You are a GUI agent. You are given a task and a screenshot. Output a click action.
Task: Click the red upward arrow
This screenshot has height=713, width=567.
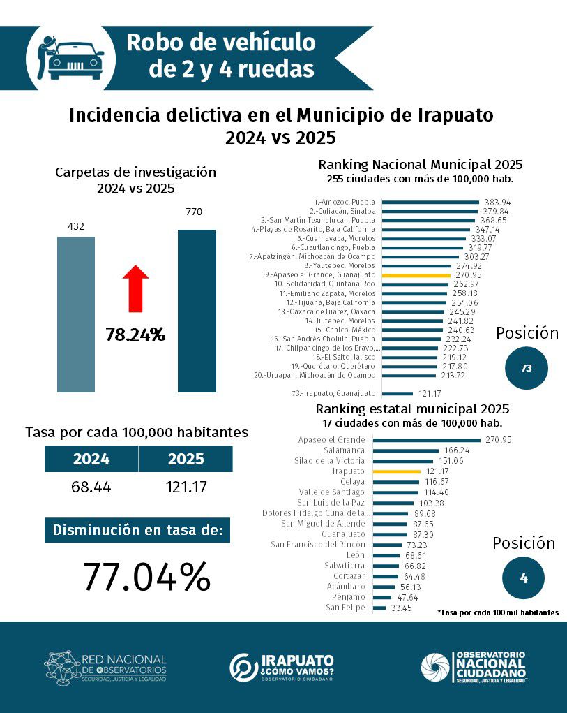click(136, 287)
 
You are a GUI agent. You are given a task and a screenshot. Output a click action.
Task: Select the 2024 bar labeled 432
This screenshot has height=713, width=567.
click(76, 314)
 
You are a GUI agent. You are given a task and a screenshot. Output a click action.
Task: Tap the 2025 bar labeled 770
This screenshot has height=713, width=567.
click(197, 311)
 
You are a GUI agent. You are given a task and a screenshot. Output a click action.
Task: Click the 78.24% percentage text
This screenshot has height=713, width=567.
click(135, 335)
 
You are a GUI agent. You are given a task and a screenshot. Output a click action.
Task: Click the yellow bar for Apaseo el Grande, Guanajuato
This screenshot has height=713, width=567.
click(416, 275)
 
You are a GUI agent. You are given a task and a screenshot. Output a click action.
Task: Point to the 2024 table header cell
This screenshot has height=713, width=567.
click(91, 459)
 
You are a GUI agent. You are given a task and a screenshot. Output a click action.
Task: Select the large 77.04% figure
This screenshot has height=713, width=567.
click(146, 576)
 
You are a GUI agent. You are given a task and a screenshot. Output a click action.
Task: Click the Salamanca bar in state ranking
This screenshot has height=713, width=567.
click(405, 450)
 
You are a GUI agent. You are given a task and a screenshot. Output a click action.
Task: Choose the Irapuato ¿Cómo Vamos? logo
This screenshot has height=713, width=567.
click(282, 667)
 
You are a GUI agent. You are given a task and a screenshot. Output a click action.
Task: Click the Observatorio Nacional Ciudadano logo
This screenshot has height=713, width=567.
click(474, 666)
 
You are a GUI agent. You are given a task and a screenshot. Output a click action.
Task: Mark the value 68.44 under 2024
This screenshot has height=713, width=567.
click(91, 487)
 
